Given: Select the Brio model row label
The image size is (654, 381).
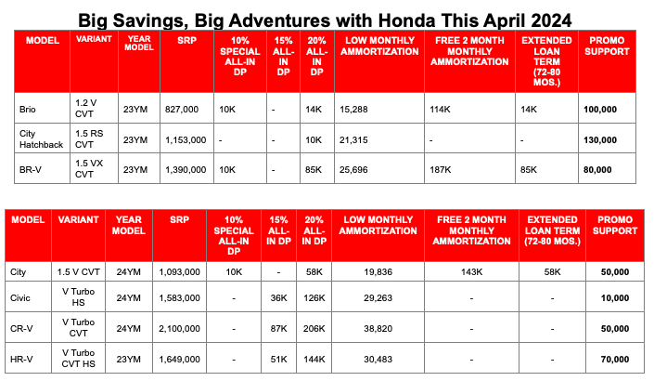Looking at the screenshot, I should pyautogui.click(x=30, y=109).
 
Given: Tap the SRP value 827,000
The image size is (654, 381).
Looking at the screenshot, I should pyautogui.click(x=181, y=109).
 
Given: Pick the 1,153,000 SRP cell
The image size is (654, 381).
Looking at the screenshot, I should pyautogui.click(x=186, y=139).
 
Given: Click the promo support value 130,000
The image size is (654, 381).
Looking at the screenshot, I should pyautogui.click(x=600, y=139).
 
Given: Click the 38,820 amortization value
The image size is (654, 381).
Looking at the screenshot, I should pyautogui.click(x=373, y=328).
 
